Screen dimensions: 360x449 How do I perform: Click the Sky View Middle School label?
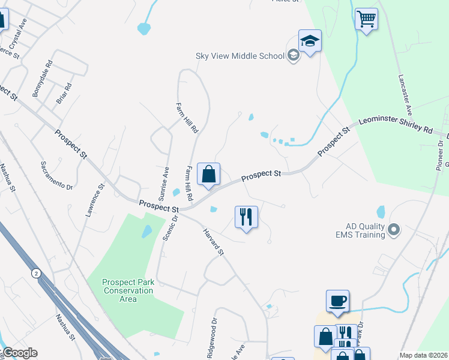click(x=240, y=56)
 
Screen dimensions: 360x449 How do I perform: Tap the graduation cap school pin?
click(x=310, y=42)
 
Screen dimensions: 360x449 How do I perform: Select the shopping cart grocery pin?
click(x=366, y=19)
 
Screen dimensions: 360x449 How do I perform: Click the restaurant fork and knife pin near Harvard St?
click(x=246, y=217)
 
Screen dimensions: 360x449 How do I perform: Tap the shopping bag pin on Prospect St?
click(x=208, y=175)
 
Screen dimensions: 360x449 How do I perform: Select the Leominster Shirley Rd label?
click(x=396, y=125)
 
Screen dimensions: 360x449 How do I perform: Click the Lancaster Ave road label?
click(x=406, y=95)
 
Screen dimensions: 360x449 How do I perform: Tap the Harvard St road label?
click(x=213, y=243)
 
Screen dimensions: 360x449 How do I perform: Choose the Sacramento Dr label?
click(x=56, y=176)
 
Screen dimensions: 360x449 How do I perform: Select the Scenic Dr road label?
click(x=170, y=228)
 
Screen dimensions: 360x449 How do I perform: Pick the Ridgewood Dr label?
click(x=212, y=343)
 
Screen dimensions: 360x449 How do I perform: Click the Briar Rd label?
click(x=64, y=93)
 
